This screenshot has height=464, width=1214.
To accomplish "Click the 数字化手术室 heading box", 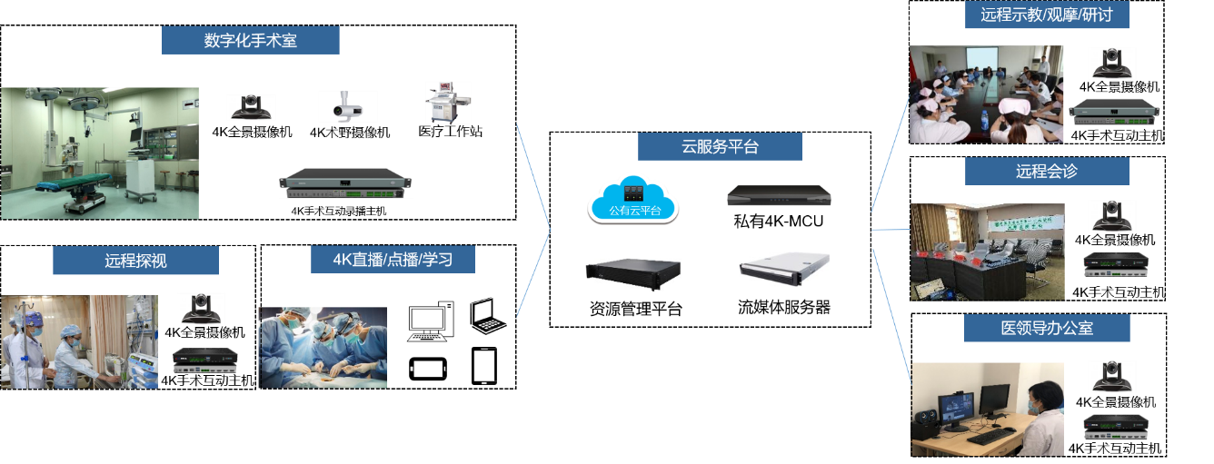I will pyautogui.click(x=250, y=40).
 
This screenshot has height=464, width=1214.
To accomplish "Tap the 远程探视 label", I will pyautogui.click(x=135, y=261).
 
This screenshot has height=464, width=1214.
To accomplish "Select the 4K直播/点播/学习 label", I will pyautogui.click(x=392, y=260).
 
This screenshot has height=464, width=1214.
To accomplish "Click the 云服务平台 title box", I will pyautogui.click(x=720, y=146).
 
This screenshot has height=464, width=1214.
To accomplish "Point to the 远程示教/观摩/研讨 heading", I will pyautogui.click(x=1046, y=15).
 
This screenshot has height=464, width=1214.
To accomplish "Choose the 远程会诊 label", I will pyautogui.click(x=1047, y=171).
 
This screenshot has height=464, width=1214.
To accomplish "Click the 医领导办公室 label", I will pyautogui.click(x=1047, y=328).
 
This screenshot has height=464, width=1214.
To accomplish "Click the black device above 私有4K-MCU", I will pyautogui.click(x=779, y=196).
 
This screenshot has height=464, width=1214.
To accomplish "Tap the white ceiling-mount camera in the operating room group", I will pyautogui.click(x=347, y=106).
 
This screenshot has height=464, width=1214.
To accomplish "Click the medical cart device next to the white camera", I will pyautogui.click(x=448, y=104).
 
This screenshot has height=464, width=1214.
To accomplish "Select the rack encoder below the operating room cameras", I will pyautogui.click(x=345, y=183).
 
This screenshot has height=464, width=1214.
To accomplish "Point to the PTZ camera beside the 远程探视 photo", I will pyautogui.click(x=201, y=309).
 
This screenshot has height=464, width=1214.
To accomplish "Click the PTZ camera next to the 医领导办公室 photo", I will pyautogui.click(x=1112, y=377).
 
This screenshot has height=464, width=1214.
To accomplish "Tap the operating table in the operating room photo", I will pyautogui.click(x=73, y=185).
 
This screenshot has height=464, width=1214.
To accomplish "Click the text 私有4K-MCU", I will pyautogui.click(x=779, y=221).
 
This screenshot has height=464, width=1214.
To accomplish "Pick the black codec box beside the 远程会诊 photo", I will pyautogui.click(x=1116, y=262).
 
